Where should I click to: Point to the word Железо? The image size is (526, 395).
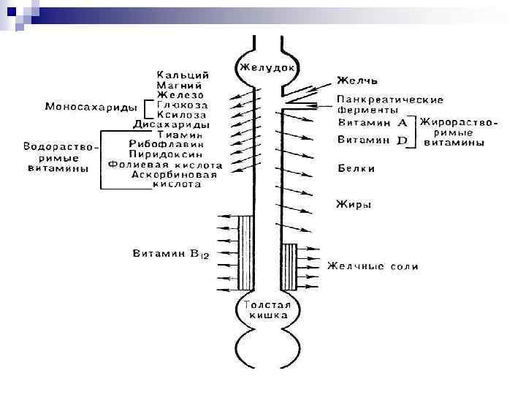[181, 94]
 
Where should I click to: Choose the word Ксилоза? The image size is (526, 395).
[181, 115]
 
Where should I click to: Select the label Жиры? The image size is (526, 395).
[354, 205]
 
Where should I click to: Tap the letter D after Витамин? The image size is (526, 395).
[401, 140]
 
